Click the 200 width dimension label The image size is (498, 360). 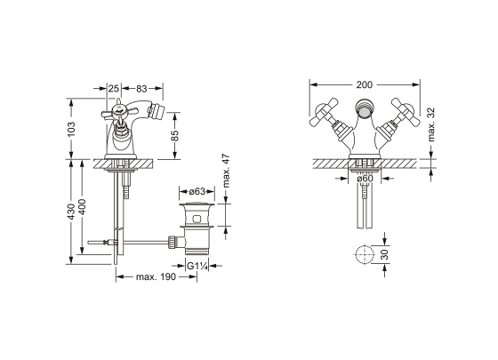pyautogui.click(x=365, y=84)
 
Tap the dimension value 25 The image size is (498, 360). pyautogui.click(x=114, y=89)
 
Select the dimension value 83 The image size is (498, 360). pyautogui.click(x=141, y=89)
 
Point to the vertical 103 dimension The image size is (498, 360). pyautogui.click(x=72, y=129)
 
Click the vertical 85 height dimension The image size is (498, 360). pyautogui.click(x=175, y=135)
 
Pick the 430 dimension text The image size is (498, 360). pyautogui.click(x=72, y=212)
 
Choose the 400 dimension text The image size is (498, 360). pyautogui.click(x=82, y=206)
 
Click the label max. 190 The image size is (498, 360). pyautogui.click(x=156, y=276)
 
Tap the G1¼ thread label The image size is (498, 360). pyautogui.click(x=197, y=266)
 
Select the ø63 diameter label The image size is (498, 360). pyautogui.click(x=197, y=191)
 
